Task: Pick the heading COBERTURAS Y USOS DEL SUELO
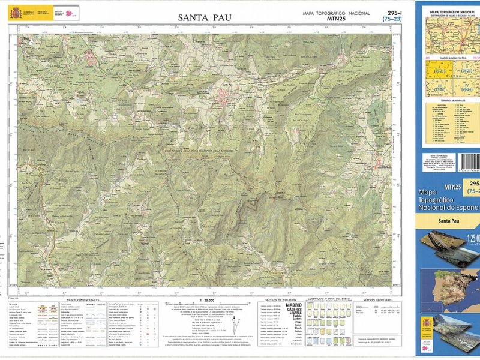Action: [329, 298]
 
